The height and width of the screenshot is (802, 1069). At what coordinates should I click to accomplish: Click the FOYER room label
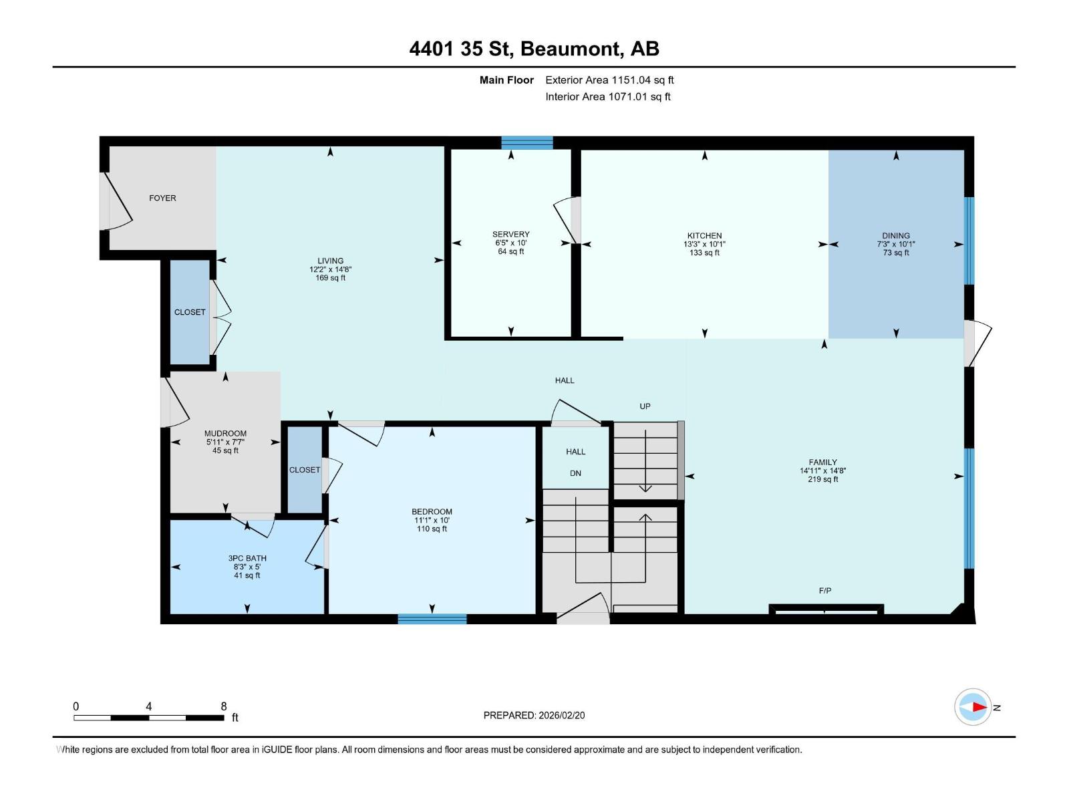coord(162,198)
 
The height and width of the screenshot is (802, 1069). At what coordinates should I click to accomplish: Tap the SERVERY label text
coord(510,234)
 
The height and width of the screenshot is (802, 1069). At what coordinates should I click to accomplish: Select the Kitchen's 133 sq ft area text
coord(704,253)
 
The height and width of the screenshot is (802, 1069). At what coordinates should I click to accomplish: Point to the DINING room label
coord(895,235)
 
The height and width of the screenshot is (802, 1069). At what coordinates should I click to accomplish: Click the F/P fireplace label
coord(824,591)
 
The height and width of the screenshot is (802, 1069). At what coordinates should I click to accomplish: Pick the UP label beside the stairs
coord(645,406)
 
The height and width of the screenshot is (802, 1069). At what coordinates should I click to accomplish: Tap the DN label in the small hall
coord(575,473)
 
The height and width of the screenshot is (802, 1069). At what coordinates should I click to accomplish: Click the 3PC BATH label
coord(247,558)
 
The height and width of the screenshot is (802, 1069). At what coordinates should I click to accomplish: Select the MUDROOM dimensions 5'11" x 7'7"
coord(225,442)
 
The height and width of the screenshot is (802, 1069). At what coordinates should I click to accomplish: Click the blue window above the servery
coord(527,142)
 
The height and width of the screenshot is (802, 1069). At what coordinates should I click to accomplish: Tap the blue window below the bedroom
coord(432,619)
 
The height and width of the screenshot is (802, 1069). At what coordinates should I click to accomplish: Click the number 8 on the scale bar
coord(224,706)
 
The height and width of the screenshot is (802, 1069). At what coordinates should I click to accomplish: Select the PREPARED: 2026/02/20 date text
coord(534,715)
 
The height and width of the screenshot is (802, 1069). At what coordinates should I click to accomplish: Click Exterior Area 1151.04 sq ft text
coord(609,80)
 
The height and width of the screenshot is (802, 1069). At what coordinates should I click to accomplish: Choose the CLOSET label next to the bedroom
coord(305,470)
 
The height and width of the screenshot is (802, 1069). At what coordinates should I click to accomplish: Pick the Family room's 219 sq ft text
coord(822,479)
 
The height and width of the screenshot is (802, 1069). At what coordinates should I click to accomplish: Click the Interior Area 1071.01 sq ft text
coord(607,97)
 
